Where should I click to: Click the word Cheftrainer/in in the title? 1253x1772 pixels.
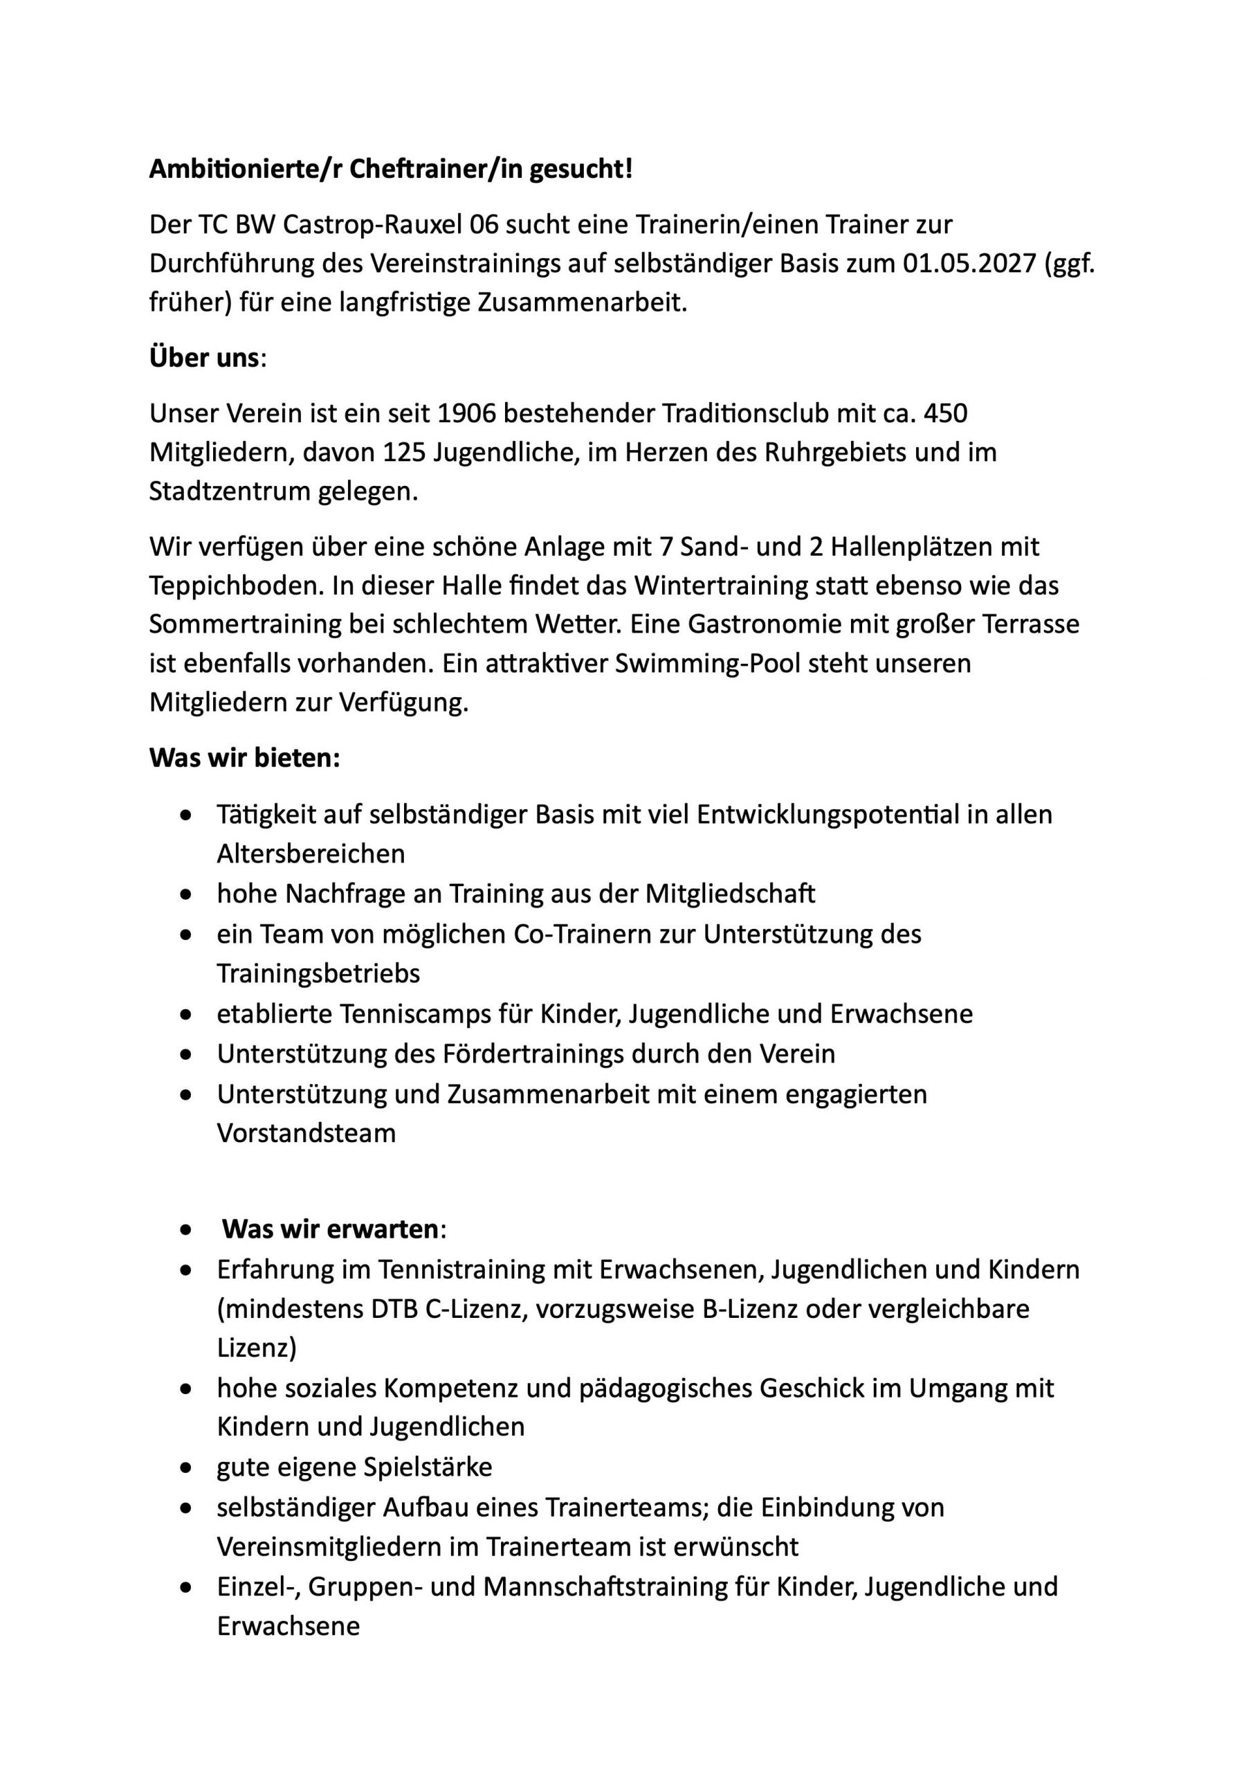click(435, 169)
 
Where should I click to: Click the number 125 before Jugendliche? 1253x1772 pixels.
click(404, 452)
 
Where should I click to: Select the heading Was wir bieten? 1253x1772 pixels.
click(244, 758)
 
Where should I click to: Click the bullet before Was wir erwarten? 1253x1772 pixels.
click(185, 1229)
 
